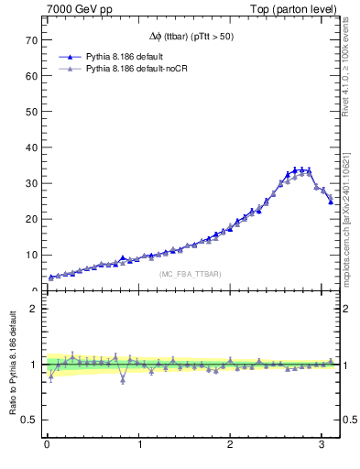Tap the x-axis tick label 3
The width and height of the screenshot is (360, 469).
(322, 446)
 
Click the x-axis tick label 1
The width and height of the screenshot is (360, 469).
(138, 446)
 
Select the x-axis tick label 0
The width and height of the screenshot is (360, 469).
(47, 446)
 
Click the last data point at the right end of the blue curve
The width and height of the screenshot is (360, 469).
(331, 202)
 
